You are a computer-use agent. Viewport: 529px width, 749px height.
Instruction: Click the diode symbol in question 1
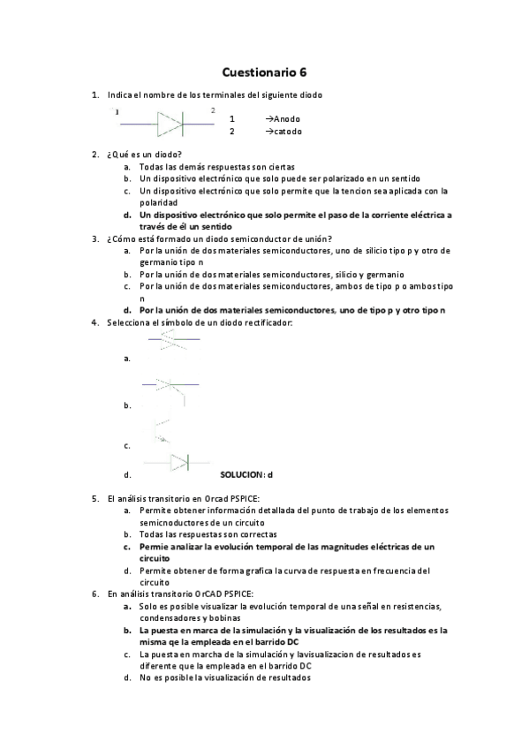click(x=170, y=124)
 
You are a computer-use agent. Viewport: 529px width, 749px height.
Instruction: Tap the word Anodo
click(x=287, y=118)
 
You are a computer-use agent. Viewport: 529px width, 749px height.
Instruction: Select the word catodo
click(x=287, y=132)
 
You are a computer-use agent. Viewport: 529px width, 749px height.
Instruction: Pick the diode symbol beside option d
click(x=179, y=462)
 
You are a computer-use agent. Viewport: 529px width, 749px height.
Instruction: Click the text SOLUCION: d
click(x=246, y=474)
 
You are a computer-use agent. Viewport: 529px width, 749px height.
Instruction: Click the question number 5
click(x=94, y=498)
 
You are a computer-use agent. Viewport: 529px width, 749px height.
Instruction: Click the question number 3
click(x=94, y=238)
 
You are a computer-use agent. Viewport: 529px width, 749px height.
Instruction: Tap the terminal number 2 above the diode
click(x=212, y=110)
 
